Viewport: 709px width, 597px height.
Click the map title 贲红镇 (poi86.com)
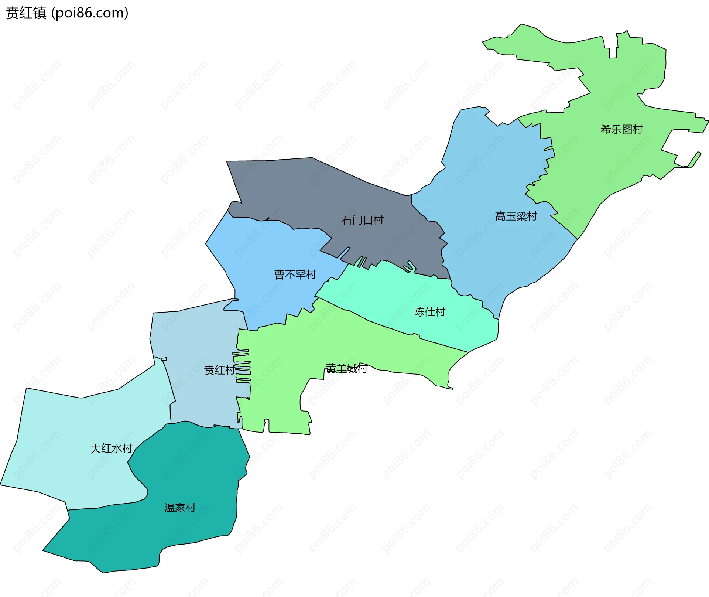pos(67,13)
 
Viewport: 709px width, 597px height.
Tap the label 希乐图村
pos(621,129)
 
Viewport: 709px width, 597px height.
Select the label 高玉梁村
pos(516,216)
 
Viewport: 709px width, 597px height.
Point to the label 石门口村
pos(362,220)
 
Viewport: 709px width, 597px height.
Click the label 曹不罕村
pos(295,274)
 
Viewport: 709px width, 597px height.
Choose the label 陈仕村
pos(429,312)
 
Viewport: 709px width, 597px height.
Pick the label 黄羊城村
pos(346,368)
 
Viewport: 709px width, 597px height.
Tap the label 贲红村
pos(219,370)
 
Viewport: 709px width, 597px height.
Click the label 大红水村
pos(111,448)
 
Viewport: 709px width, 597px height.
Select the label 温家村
pos(180,508)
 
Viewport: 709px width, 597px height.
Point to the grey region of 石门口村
pos(314,192)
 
